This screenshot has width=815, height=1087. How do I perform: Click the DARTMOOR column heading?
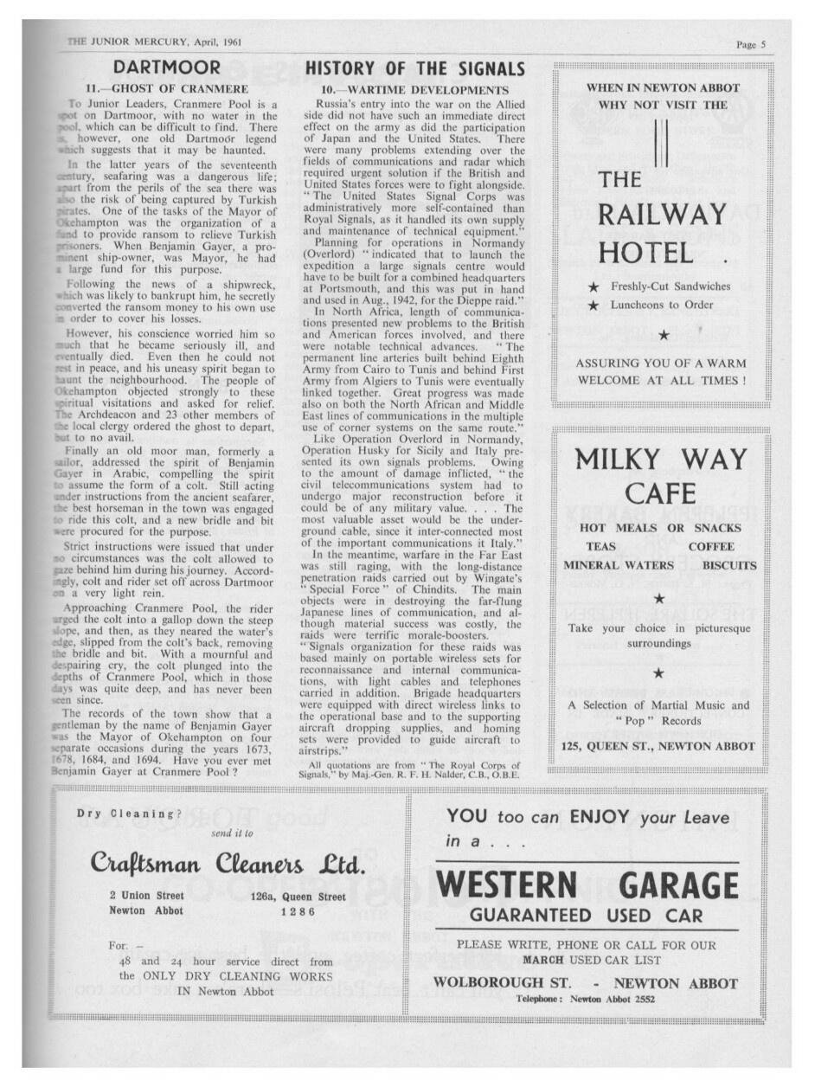pos(167,68)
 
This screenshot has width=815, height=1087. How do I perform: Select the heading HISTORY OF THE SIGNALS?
pos(415,69)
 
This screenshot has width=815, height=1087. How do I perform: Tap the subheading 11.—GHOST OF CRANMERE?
pos(167,88)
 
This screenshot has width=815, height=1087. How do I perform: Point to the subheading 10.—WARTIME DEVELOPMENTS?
pos(414,89)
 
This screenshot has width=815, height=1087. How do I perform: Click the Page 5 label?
pos(751,44)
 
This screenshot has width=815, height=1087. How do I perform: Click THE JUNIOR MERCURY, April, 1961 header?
pos(154,42)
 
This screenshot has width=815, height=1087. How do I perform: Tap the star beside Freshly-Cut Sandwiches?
pos(594,286)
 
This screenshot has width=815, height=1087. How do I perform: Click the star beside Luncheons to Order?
pos(594,306)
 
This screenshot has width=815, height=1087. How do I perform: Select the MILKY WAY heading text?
pos(661,458)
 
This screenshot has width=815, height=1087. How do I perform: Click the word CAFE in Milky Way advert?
pos(661,493)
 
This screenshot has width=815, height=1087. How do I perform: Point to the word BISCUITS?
pos(728,565)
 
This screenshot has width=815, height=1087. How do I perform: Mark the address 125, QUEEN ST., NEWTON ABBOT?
pos(658,746)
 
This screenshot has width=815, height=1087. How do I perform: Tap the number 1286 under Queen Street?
pos(298,911)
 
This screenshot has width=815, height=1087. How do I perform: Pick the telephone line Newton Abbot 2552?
pos(585,999)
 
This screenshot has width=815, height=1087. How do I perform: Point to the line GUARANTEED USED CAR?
pos(586,916)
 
